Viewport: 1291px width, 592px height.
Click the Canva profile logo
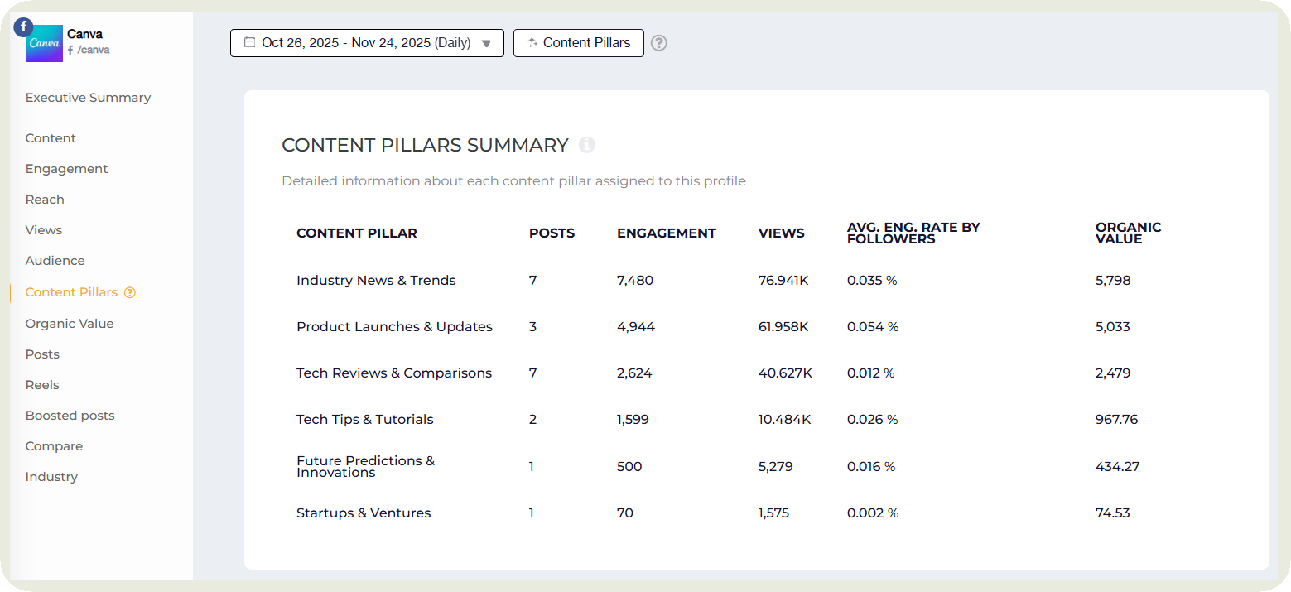44,43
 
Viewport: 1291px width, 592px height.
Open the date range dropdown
367,43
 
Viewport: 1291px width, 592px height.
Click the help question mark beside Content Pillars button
658,43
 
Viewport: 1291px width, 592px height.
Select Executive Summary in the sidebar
88,98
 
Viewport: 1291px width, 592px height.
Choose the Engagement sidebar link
66,169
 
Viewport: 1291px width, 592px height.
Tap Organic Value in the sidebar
70,324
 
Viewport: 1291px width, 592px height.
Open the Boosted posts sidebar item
70,416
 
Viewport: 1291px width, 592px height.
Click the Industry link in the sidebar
51,477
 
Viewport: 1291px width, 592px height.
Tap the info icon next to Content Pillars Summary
586,145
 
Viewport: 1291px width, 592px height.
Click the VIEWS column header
781,233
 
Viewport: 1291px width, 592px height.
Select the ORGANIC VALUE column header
1128,233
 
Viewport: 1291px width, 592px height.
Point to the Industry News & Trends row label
376,281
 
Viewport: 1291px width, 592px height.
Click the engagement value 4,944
635,327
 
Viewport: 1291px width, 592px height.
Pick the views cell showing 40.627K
784,373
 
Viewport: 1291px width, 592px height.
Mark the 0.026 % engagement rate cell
871,420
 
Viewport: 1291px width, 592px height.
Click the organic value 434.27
1117,467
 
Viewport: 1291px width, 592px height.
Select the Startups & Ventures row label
364,513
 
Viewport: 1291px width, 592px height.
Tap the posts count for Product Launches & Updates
532,327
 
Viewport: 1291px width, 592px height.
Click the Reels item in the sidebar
42,385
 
